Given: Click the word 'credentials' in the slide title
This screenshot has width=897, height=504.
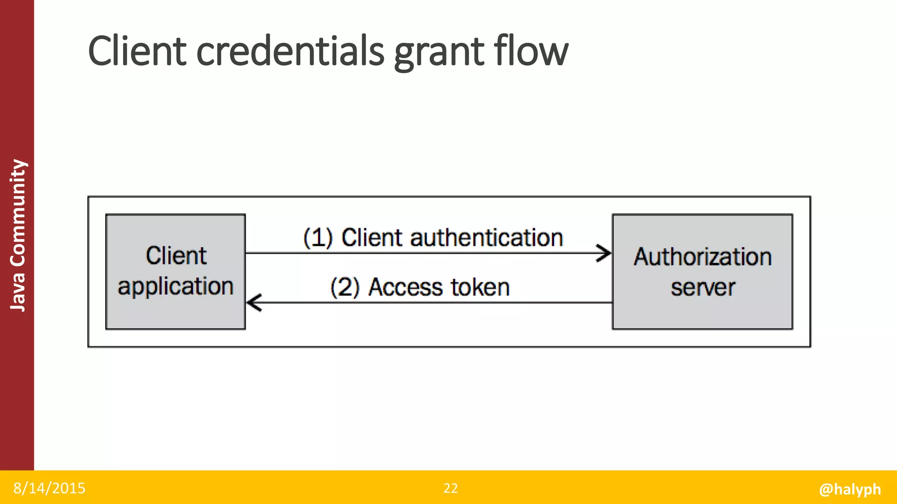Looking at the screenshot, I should pos(290,51).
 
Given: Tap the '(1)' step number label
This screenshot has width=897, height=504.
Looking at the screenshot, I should pos(318,238).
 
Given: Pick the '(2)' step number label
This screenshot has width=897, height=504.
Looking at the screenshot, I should pos(345,288).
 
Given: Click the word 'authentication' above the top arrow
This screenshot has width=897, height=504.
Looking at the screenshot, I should pos(486,238).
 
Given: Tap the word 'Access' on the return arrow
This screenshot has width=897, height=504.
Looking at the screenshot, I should pos(406,288).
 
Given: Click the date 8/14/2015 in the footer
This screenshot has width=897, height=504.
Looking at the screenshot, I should pos(49,488).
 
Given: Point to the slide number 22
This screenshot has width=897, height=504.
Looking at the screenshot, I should pos(451,488).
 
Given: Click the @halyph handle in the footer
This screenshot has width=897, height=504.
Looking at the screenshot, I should pos(850,489).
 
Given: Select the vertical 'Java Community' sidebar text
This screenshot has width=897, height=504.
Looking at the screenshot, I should pos(18,235).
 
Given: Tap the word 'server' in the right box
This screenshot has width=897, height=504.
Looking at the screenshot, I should pos(703,287).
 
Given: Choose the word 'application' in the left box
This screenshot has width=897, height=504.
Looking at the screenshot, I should pos(175,287).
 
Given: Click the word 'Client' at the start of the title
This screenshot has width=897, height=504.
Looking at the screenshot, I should pos(138,51).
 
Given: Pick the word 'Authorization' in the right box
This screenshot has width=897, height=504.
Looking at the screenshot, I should pos(703,257).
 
